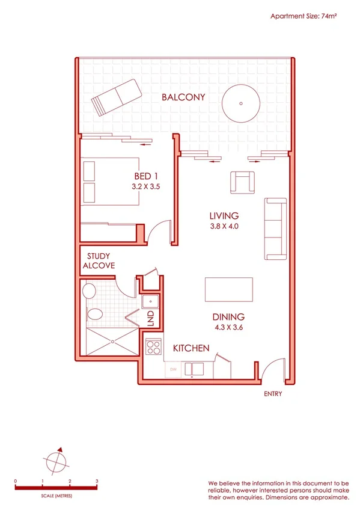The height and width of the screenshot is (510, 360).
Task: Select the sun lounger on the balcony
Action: tap(116, 99)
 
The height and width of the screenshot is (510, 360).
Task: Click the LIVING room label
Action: tap(224, 216)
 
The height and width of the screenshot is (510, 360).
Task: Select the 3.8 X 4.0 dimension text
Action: tap(224, 227)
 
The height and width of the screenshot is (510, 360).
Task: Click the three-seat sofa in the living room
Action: tap(276, 229)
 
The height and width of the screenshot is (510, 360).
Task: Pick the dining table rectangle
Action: tap(229, 289)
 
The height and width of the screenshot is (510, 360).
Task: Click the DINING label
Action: tap(227, 317)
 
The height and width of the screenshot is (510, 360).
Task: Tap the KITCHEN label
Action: tap(191, 348)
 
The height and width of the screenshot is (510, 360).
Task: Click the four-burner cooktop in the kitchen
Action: tap(153, 346)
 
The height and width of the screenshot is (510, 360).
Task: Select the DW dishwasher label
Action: tap(173, 369)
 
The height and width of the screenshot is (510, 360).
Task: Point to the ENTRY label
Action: tap(272, 395)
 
